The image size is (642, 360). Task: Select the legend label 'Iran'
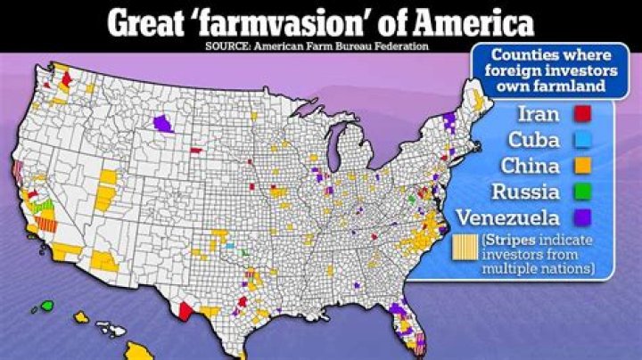(x=539, y=114)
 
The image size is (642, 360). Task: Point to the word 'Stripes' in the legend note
(x=507, y=240)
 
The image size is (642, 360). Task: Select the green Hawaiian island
(x=46, y=306)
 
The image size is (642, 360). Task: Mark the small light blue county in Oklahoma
(x=229, y=245)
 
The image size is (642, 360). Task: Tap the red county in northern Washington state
(x=66, y=78)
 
